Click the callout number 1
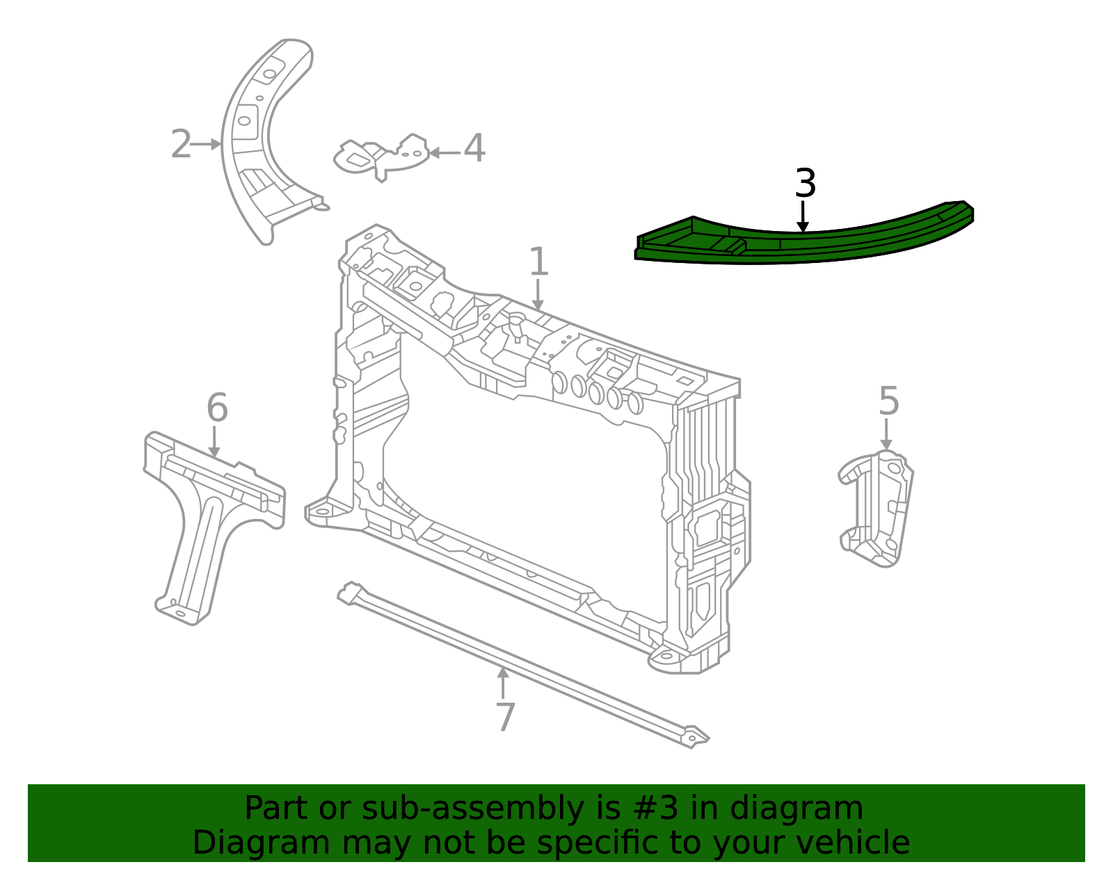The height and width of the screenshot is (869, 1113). [x=539, y=262]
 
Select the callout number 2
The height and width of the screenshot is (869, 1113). [x=180, y=145]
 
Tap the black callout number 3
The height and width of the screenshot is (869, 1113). [x=805, y=184]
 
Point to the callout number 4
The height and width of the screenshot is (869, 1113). [x=474, y=149]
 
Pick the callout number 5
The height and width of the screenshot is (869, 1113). [x=889, y=401]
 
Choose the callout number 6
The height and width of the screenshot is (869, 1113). [x=217, y=408]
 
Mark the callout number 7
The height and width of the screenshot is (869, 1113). [x=506, y=717]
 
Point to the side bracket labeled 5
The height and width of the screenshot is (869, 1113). [x=878, y=508]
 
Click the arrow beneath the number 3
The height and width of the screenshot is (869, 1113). [x=803, y=216]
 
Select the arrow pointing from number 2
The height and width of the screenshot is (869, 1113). [x=206, y=145]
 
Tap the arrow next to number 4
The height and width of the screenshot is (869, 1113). [x=444, y=152]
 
